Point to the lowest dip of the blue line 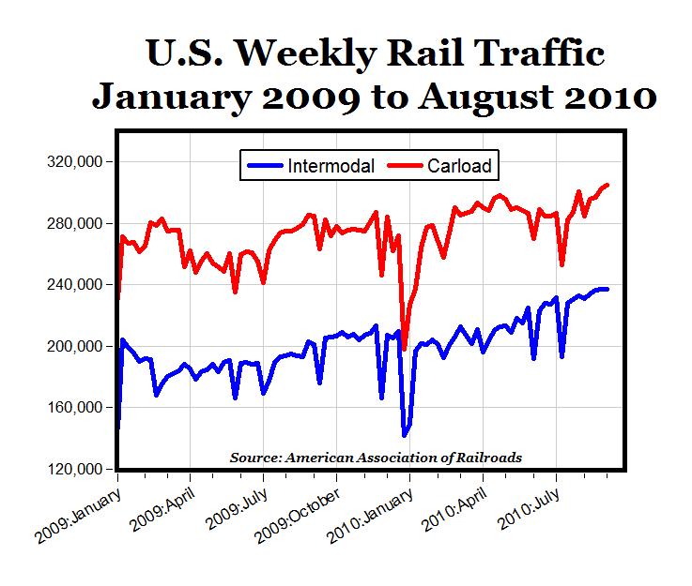(x=405, y=435)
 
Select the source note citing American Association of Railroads (x=376, y=458)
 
